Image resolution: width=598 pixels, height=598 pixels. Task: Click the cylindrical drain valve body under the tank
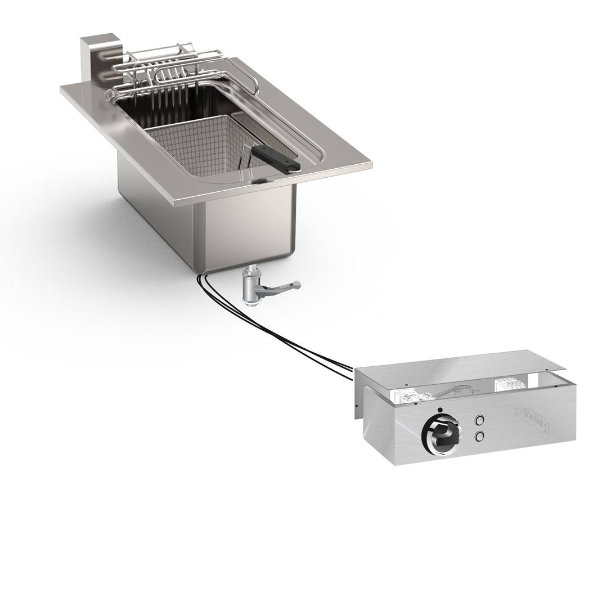pyautogui.click(x=248, y=287)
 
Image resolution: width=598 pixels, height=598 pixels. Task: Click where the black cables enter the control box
pyautogui.click(x=351, y=370)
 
